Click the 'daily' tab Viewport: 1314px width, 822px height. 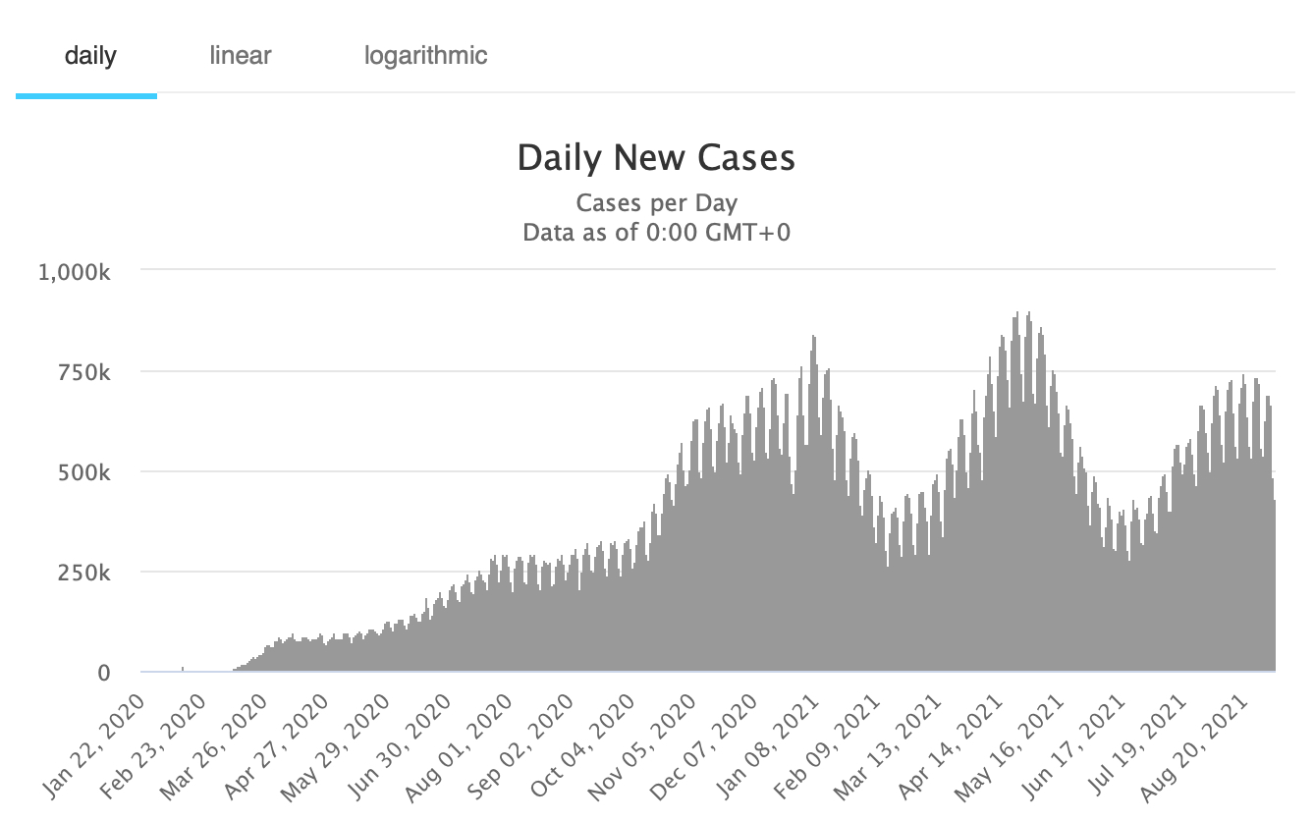click(x=89, y=55)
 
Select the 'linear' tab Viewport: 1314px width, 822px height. click(x=241, y=55)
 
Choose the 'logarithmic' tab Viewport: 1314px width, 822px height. click(x=425, y=55)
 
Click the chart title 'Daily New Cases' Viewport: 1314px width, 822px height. click(x=656, y=158)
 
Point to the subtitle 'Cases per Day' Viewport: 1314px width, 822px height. click(x=656, y=203)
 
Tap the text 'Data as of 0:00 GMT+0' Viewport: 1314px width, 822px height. click(x=656, y=233)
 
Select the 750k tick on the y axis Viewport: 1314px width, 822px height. click(x=83, y=371)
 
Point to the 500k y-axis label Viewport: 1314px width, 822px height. click(x=83, y=472)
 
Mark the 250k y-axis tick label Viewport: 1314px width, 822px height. click(x=83, y=573)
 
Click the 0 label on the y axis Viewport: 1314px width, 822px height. click(x=103, y=674)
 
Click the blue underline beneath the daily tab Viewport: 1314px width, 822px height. click(x=86, y=96)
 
